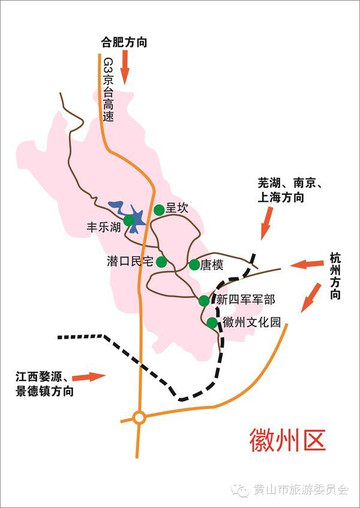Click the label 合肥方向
click(x=122, y=43)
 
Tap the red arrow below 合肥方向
click(x=126, y=68)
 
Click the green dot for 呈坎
click(x=159, y=210)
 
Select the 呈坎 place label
click(x=177, y=208)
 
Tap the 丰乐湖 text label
click(x=104, y=228)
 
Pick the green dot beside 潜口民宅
click(x=161, y=262)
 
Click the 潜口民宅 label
click(x=130, y=262)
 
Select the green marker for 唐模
click(x=194, y=265)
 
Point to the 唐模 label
click(x=212, y=265)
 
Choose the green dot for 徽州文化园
click(x=212, y=323)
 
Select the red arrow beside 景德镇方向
click(x=89, y=377)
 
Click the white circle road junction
click(x=139, y=417)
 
